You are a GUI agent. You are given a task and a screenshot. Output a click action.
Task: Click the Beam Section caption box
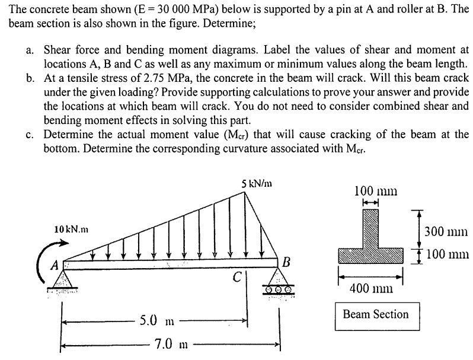click(375, 314)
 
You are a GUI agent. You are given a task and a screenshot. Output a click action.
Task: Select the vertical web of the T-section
click(371, 228)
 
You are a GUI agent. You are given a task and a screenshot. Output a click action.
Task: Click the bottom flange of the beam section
click(371, 256)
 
